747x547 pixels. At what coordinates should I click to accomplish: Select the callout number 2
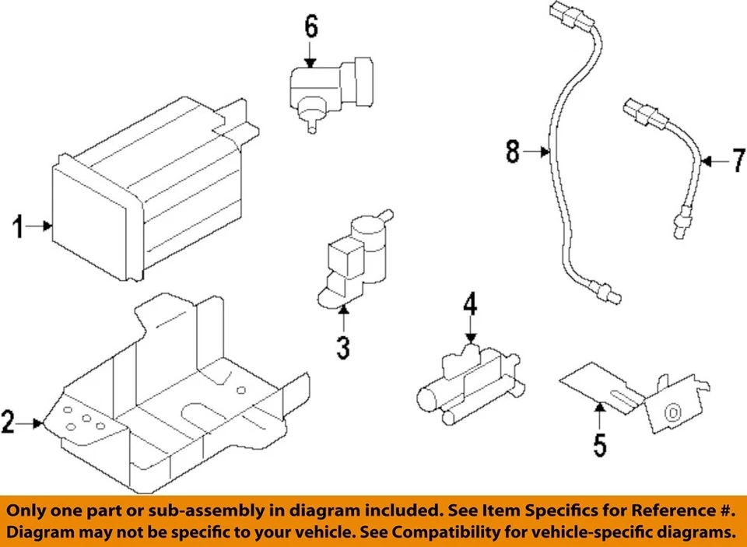tap(9, 424)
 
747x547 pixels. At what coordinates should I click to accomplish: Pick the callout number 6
tap(310, 27)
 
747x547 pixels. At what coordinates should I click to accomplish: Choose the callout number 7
tap(738, 162)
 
